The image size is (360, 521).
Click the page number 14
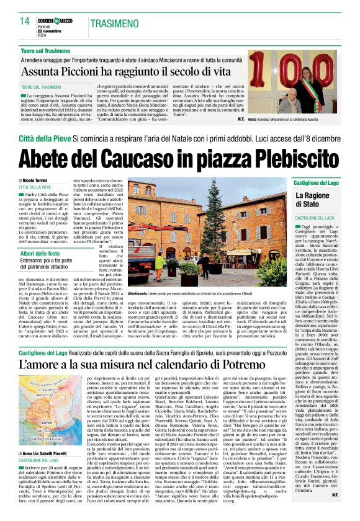[x=25, y=21]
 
